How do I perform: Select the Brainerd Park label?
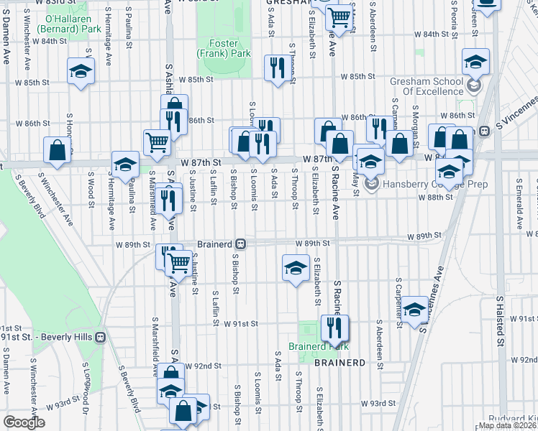tap(318, 346)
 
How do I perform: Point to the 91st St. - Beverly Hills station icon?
tap(101, 336)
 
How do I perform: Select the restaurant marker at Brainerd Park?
tap(334, 328)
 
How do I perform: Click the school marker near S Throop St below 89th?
tap(294, 269)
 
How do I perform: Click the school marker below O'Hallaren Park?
tap(81, 71)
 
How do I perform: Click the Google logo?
tap(24, 422)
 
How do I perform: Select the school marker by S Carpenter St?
tap(414, 310)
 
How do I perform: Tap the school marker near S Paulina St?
tap(125, 164)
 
